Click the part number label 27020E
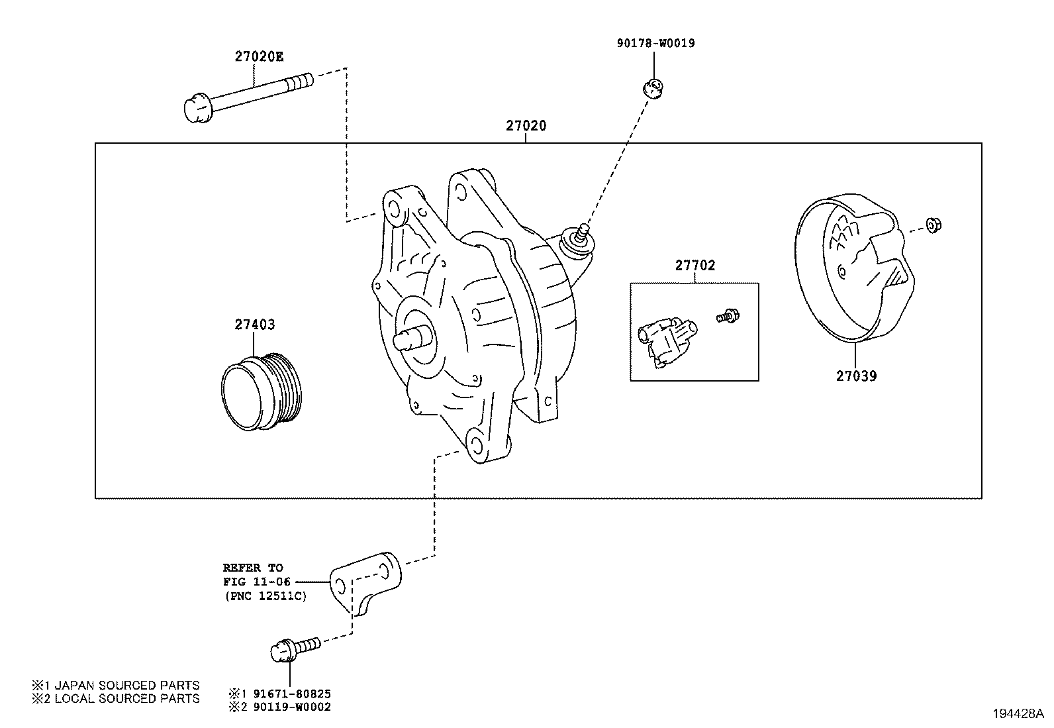click(258, 56)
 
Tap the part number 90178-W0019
click(655, 44)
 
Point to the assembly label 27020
click(526, 125)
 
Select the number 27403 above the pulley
click(254, 325)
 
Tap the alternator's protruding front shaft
click(411, 340)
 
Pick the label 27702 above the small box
click(695, 266)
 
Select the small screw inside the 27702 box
click(727, 316)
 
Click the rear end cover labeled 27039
click(850, 268)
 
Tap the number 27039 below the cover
click(856, 376)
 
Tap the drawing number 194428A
click(1017, 714)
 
